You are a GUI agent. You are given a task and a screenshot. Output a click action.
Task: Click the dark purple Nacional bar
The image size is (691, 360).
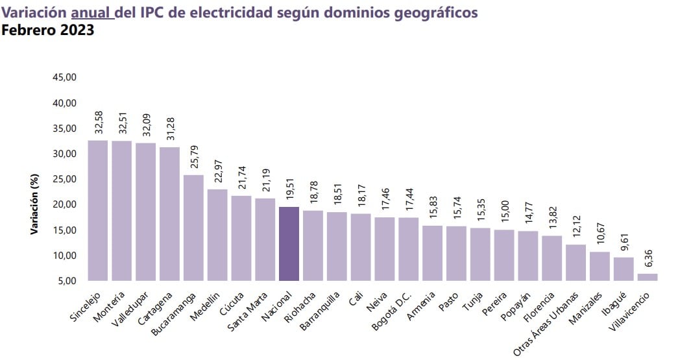(289, 243)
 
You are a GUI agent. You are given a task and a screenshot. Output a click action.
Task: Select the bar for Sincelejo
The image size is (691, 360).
(97, 210)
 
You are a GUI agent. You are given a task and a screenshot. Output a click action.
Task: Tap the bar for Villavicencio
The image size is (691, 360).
(647, 277)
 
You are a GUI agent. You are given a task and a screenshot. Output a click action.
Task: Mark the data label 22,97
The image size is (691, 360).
(218, 171)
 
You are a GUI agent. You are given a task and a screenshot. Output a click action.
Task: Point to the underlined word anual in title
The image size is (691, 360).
(91, 12)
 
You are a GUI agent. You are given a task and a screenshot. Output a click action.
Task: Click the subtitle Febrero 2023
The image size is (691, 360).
(48, 30)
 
